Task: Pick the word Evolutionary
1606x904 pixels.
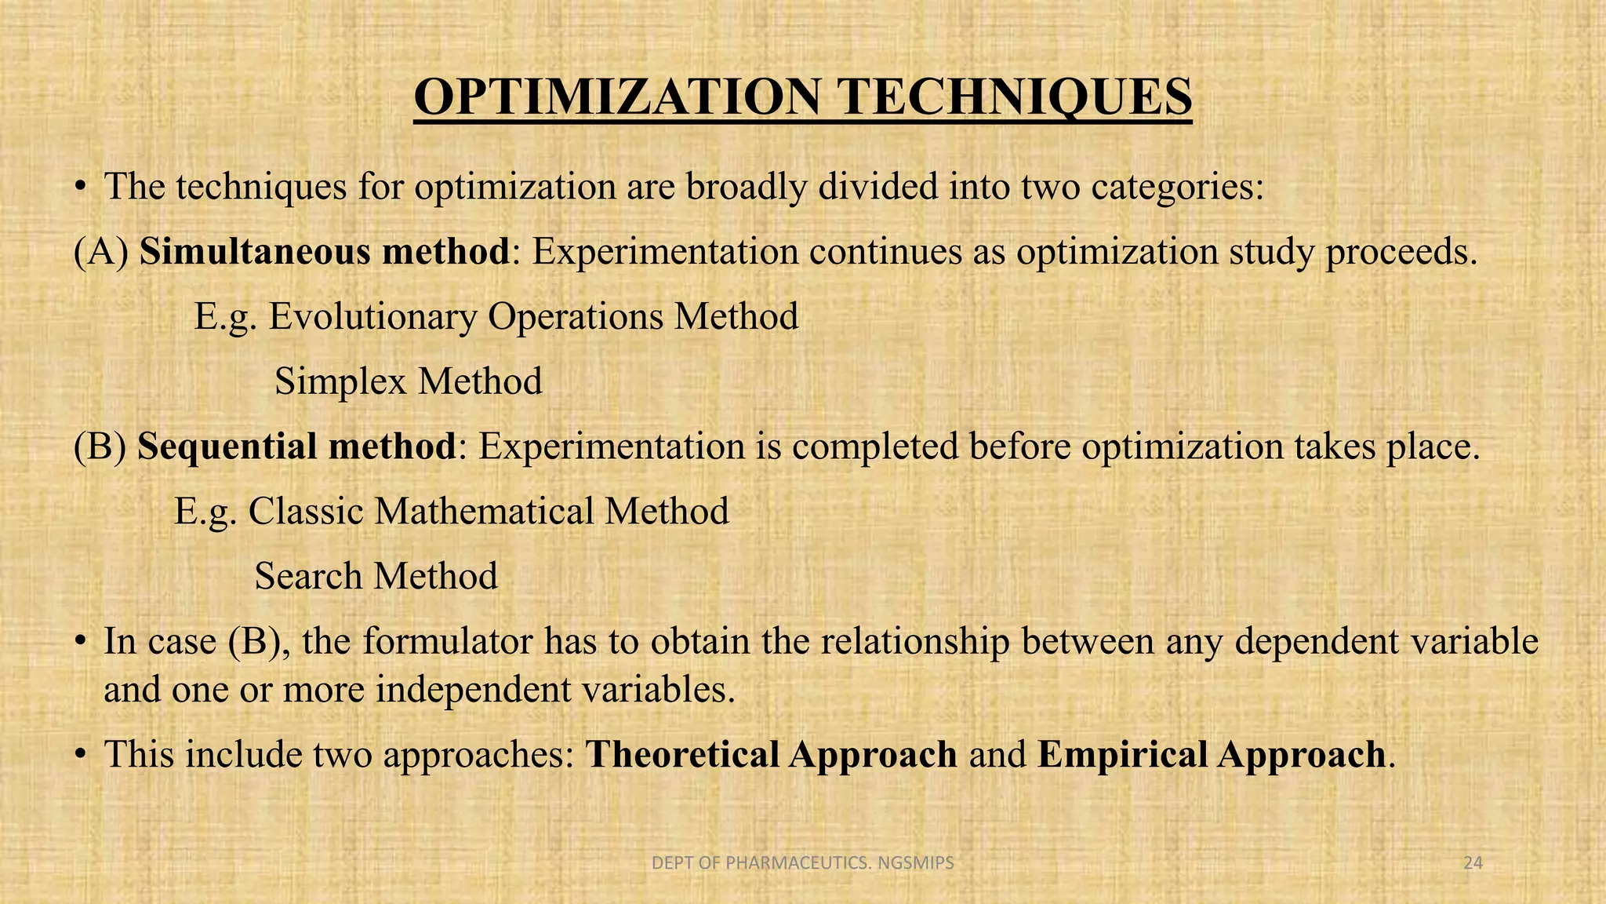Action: pyautogui.click(x=373, y=317)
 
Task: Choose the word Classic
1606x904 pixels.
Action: pyautogui.click(x=306, y=512)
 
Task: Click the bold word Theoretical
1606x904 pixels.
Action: pyautogui.click(x=682, y=755)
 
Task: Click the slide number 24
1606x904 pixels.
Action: pyautogui.click(x=1473, y=863)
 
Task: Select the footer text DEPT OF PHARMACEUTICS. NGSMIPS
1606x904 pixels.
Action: pyautogui.click(x=803, y=863)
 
